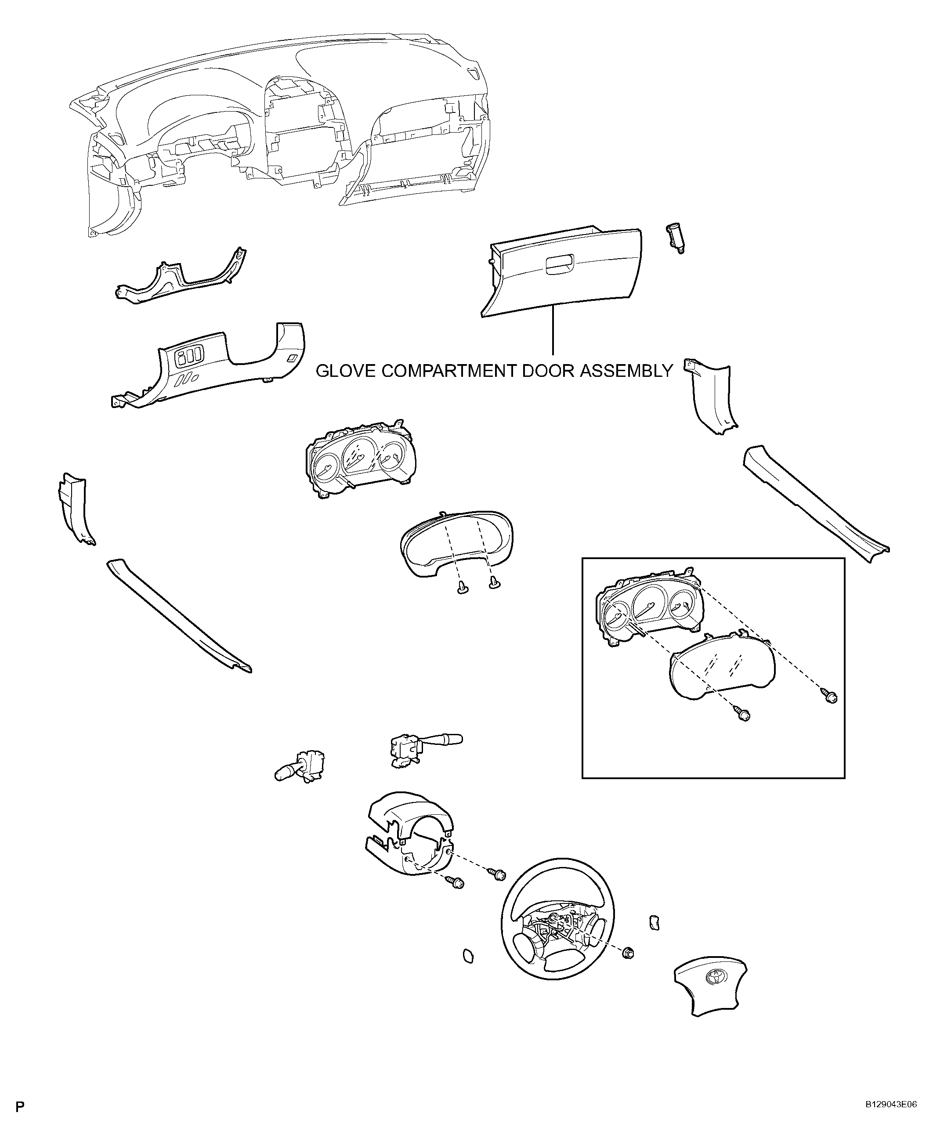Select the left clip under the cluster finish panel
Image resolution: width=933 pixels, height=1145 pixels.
pyautogui.click(x=461, y=589)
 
